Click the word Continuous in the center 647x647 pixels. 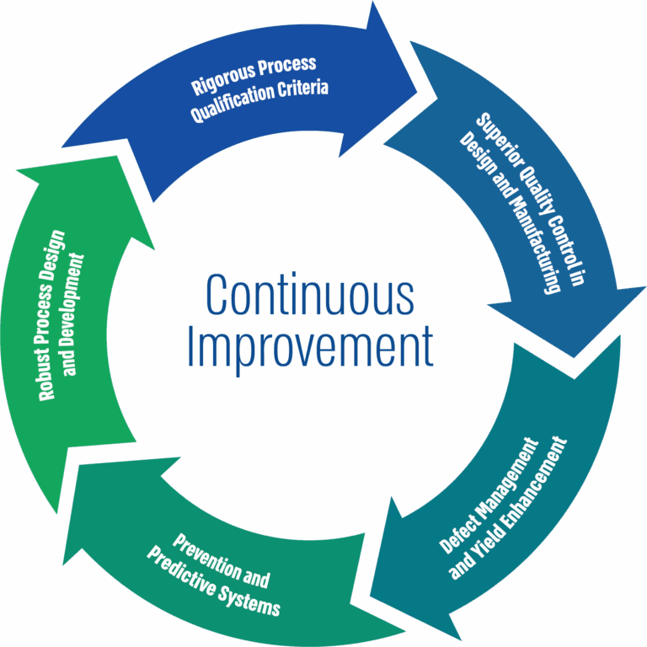tap(309, 294)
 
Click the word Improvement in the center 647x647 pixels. tap(310, 348)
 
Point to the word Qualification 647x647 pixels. tap(231, 102)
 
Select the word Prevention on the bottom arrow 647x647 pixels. tap(206, 556)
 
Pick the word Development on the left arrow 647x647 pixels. tap(72, 314)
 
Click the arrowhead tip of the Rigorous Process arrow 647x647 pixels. tap(417, 94)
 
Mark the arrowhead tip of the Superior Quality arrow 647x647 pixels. tap(574, 357)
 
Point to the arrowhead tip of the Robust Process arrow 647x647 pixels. tap(117, 156)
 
